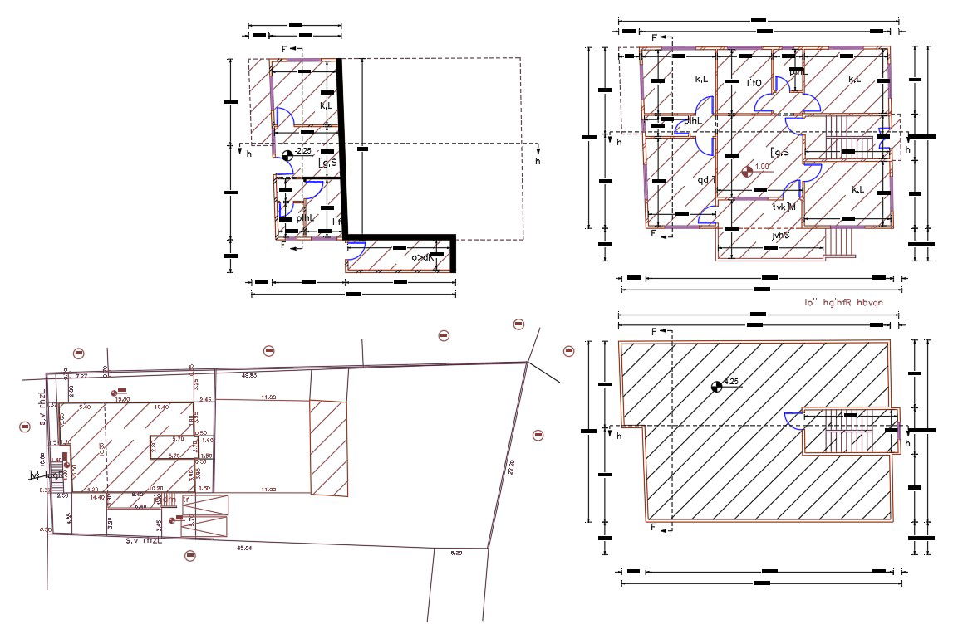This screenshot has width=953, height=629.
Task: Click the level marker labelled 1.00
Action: (747, 172)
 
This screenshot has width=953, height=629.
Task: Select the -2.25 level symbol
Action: (288, 154)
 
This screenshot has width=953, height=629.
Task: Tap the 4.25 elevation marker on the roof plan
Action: (716, 386)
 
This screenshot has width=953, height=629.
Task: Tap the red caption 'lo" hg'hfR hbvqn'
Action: (842, 303)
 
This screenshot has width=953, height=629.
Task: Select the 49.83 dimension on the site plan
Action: (248, 376)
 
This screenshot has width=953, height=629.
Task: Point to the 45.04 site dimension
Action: (244, 548)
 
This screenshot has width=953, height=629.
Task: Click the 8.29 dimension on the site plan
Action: (456, 553)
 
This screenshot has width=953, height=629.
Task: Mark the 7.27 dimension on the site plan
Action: (81, 376)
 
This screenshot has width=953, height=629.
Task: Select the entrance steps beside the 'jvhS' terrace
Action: (842, 240)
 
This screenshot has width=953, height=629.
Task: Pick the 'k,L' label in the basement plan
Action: (327, 105)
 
